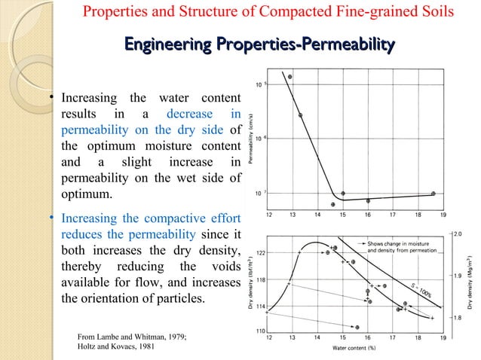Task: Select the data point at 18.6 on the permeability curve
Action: [433, 194]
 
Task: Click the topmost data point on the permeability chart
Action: [290, 77]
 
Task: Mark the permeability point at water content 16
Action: [368, 201]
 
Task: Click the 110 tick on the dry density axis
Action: [260, 331]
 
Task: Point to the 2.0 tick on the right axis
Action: [458, 233]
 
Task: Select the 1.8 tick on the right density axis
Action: [458, 318]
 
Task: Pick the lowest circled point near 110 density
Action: [357, 327]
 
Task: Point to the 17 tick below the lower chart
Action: [392, 338]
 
